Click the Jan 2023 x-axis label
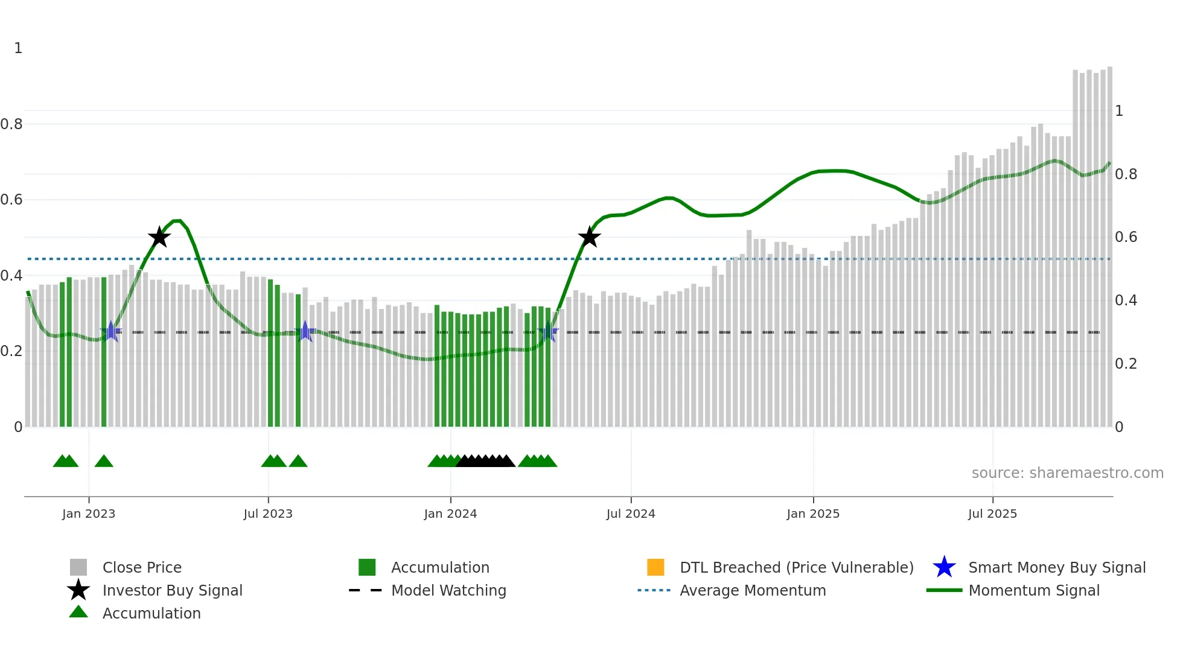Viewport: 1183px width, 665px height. [88, 514]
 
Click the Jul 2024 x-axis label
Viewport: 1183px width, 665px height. [631, 514]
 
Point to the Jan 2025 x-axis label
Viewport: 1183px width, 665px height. [813, 514]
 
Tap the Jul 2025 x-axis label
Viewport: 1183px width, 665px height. [992, 514]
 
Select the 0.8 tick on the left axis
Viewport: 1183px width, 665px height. [11, 124]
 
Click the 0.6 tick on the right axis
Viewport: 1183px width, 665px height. [1126, 237]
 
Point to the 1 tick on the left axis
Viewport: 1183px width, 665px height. [18, 48]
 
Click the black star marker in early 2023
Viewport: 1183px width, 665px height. [159, 237]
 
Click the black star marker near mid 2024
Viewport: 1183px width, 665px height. [589, 237]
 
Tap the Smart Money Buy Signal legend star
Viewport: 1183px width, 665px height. [944, 567]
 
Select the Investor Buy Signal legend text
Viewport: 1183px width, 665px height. [172, 590]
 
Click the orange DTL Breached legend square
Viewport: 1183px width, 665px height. [655, 567]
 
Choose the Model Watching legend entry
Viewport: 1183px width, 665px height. [448, 590]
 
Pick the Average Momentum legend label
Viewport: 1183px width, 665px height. [753, 590]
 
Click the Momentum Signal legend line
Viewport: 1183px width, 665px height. [944, 590]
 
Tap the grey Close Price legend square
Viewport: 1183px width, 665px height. [78, 567]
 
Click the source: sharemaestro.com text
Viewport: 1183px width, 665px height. [1067, 473]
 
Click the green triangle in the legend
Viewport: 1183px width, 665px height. [78, 612]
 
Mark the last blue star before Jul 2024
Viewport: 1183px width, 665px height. [548, 332]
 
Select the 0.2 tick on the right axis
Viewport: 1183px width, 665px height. [1126, 364]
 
